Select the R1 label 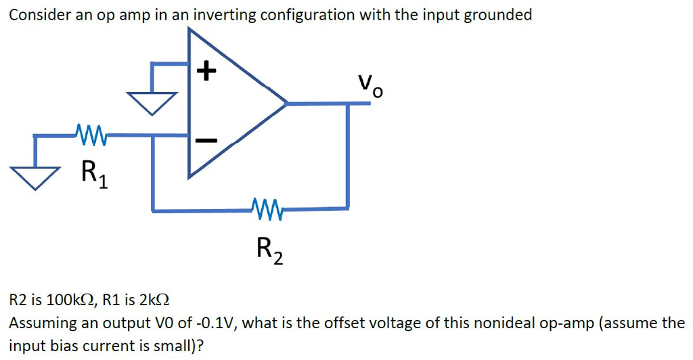coord(92,173)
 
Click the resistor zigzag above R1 coord(91,131)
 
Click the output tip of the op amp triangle coord(286,104)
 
